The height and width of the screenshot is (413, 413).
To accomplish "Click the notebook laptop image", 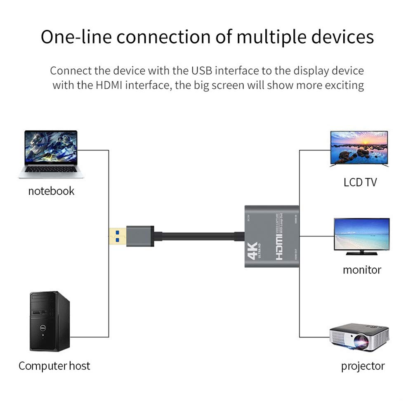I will pyautogui.click(x=51, y=154).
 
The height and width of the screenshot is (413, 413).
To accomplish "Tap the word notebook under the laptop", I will pyautogui.click(x=51, y=191).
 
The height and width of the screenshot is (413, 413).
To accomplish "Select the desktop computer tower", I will pyautogui.click(x=50, y=321).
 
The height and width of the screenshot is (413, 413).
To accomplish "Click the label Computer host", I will pyautogui.click(x=54, y=366).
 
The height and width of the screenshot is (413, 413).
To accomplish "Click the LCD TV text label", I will pyautogui.click(x=360, y=182).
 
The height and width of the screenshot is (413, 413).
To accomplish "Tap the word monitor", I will pyautogui.click(x=361, y=270).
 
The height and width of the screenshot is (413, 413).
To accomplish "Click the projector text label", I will pyautogui.click(x=363, y=366).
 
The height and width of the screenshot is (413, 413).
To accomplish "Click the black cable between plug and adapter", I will pyautogui.click(x=198, y=236).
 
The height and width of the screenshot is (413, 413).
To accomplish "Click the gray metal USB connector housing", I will pyautogui.click(x=140, y=236).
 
